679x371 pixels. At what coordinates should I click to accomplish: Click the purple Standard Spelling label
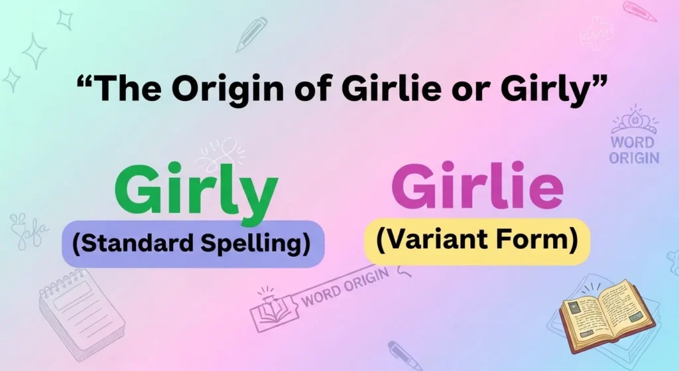point(192,244)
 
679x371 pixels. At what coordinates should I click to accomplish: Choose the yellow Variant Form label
point(476,240)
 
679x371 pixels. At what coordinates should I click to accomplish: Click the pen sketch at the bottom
point(404,355)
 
